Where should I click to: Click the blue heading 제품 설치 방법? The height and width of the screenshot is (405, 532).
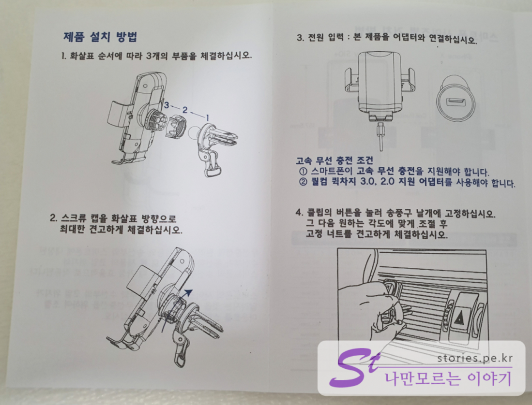coord(100,37)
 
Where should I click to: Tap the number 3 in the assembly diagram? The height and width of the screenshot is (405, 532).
coord(166,105)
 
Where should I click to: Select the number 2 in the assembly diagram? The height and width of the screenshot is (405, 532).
coord(185,110)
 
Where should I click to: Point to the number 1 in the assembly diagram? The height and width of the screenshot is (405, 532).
coord(208,117)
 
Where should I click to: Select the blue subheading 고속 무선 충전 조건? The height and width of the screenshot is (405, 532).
coord(334,160)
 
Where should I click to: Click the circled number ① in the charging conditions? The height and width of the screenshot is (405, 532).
coord(303,172)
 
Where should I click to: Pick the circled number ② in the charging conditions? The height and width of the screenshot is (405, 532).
coord(303,182)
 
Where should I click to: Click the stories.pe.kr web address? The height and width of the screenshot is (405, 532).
coord(475,358)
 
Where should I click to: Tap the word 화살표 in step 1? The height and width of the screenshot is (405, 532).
coord(81,56)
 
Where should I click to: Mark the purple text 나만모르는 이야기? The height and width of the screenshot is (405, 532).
coord(447,378)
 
